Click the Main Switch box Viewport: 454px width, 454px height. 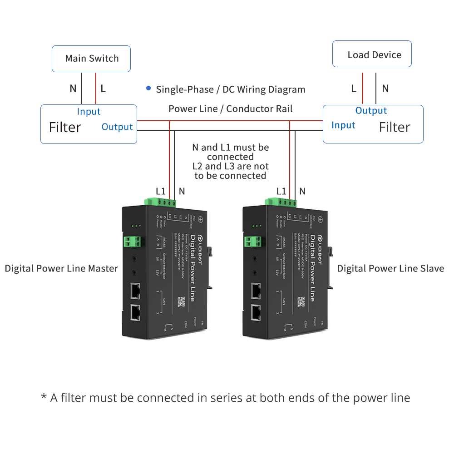pyautogui.click(x=91, y=59)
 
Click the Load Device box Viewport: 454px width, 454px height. pyautogui.click(x=372, y=54)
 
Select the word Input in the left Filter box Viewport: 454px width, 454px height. pyautogui.click(x=89, y=112)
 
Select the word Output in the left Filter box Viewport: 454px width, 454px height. pyautogui.click(x=117, y=127)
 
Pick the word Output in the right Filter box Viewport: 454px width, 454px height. pyautogui.click(x=371, y=111)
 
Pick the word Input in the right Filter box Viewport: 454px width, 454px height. pyautogui.click(x=343, y=125)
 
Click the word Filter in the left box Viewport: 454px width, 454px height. pyautogui.click(x=65, y=128)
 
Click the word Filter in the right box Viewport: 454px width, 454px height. pyautogui.click(x=395, y=128)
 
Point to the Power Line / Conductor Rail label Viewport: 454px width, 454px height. pyautogui.click(x=230, y=109)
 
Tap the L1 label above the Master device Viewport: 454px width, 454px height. pyautogui.click(x=161, y=191)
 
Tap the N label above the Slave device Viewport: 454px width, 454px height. pyautogui.click(x=302, y=191)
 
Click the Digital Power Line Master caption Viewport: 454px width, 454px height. pyautogui.click(x=61, y=268)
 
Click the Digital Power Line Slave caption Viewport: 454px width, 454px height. pyautogui.click(x=390, y=268)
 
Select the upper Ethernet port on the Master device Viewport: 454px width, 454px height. pyautogui.click(x=135, y=291)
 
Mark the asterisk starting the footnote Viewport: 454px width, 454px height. pyautogui.click(x=44, y=397)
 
